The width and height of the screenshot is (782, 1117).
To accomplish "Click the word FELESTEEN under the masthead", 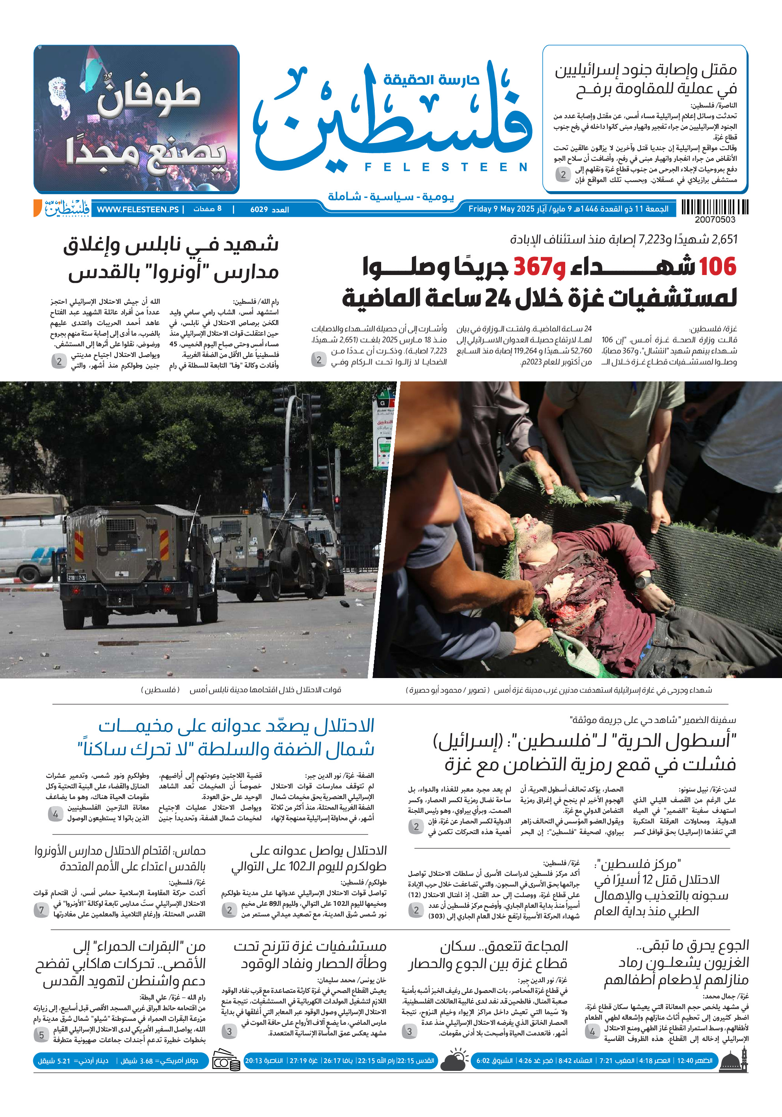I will [446, 167].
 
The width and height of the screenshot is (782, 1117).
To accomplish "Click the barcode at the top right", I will [714, 207].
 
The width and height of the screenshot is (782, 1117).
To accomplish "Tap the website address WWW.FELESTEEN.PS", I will [138, 209].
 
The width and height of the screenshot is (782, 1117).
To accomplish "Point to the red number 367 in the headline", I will [533, 267].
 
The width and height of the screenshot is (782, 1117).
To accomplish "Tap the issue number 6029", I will [259, 210].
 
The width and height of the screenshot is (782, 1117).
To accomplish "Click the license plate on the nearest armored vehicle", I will [77, 578].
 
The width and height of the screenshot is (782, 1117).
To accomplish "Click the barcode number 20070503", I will [714, 220].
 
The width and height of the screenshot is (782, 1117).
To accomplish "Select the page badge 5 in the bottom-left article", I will [41, 1035].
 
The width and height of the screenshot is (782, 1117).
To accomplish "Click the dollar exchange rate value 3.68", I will [147, 1061].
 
